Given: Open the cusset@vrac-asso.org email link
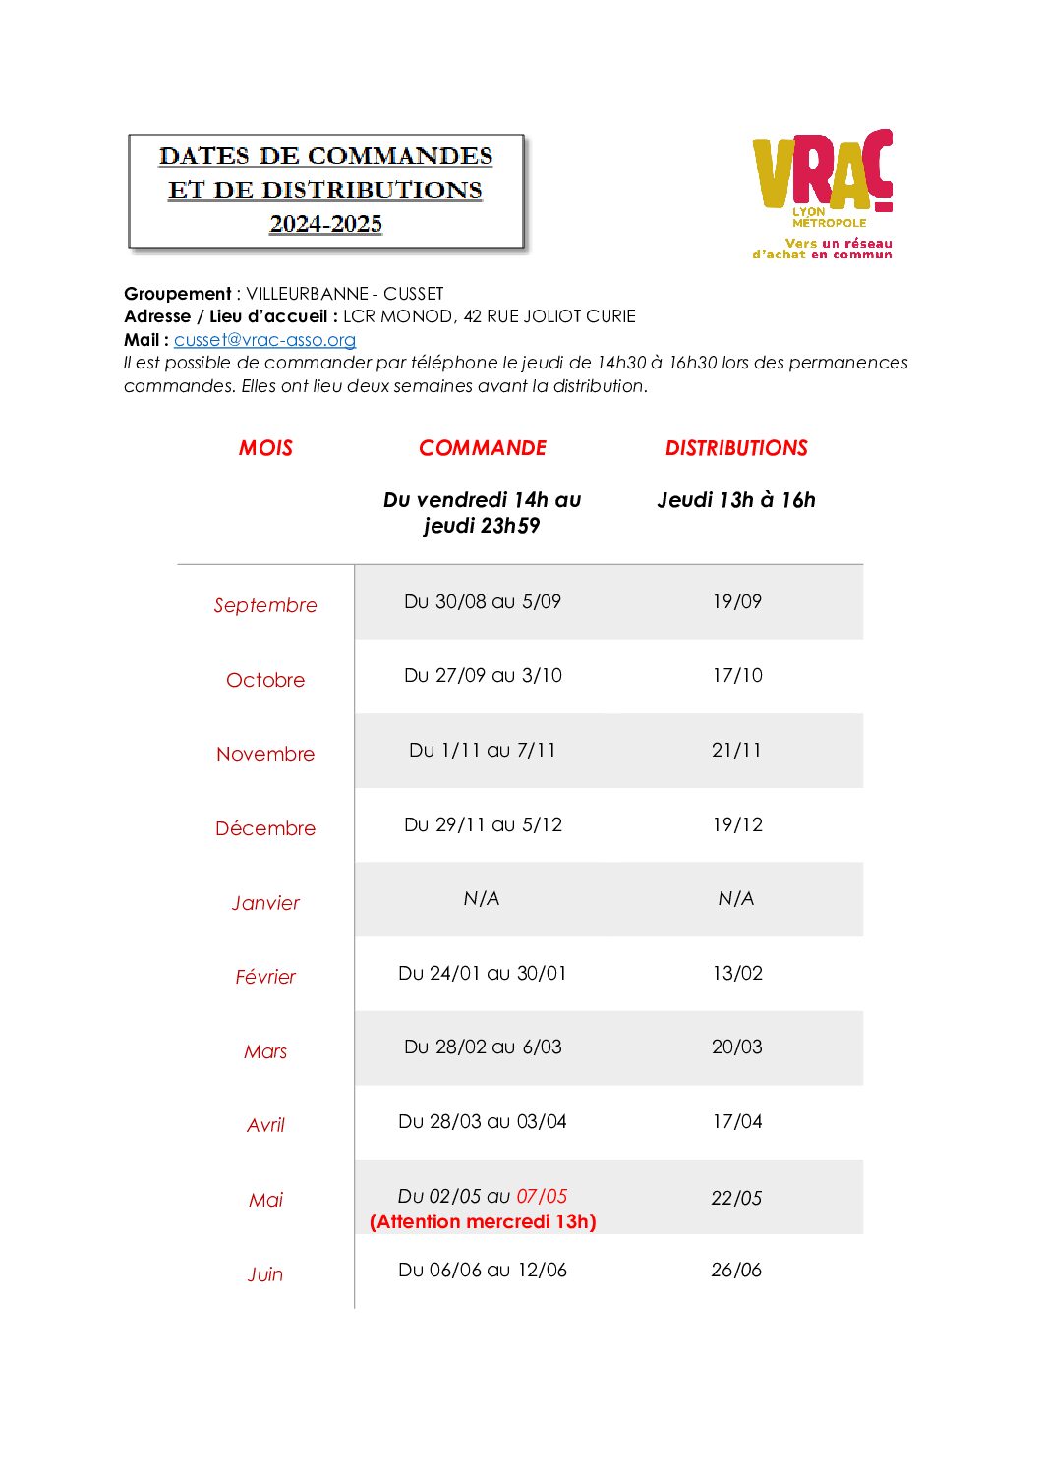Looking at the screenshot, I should point(264,340).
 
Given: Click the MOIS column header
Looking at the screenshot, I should point(265,448).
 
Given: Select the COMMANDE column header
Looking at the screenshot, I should point(483,448).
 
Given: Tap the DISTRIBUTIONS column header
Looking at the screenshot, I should point(736,448).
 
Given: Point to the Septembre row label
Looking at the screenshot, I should point(265,605).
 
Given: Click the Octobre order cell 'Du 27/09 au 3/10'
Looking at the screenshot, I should point(483,676).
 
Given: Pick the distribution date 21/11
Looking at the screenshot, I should point(736,750).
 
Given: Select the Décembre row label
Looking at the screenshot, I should point(265,828).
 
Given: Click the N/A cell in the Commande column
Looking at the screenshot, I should point(482,899).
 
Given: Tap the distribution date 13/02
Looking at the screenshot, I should point(737,973).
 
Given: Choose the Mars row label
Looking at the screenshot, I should point(265,1051).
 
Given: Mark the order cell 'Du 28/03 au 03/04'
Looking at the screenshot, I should point(483,1121).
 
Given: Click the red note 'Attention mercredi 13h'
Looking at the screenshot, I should point(483,1221).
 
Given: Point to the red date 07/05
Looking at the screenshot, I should point(542,1196).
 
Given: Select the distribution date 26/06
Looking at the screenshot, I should point(736,1270).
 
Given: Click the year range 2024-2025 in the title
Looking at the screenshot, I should point(326,224).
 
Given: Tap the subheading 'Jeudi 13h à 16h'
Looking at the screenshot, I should point(736,500).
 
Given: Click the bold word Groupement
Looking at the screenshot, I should point(178,294).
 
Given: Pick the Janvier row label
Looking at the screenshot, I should point(265,903).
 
